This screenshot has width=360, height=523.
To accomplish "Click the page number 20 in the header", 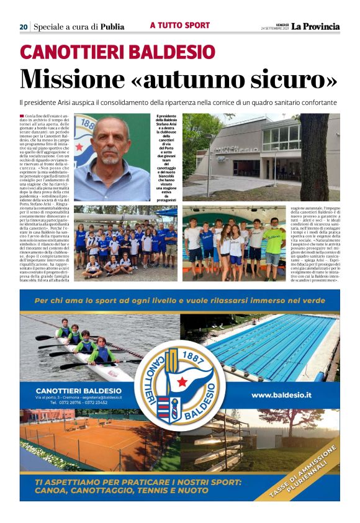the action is click(23, 27).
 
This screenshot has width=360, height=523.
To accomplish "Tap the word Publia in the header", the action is click(112, 27).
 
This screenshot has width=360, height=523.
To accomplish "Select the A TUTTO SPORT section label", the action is click(179, 25).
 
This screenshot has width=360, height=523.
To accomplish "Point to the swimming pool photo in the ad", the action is click(273, 348).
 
